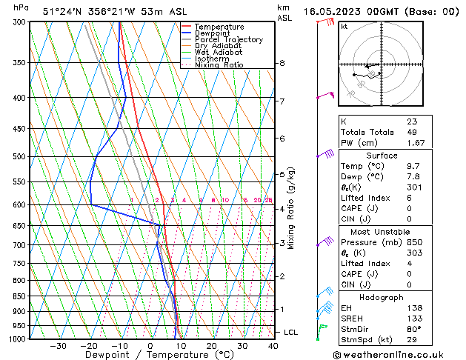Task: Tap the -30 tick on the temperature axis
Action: click(x=58, y=346)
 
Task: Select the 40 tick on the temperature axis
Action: click(x=273, y=346)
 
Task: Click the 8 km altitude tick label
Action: click(x=282, y=64)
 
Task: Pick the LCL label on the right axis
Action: click(x=290, y=333)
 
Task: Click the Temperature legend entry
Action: click(x=219, y=27)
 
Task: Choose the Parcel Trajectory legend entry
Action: click(x=228, y=40)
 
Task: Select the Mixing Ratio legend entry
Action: click(x=219, y=65)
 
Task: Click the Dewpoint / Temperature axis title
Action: click(x=149, y=356)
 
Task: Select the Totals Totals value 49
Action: click(x=411, y=132)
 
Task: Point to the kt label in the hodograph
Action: click(x=344, y=27)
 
